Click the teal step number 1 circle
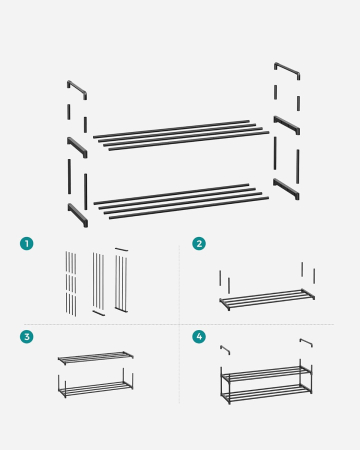pyautogui.click(x=27, y=243)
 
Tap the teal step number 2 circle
pyautogui.click(x=199, y=243)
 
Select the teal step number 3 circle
pyautogui.click(x=27, y=337)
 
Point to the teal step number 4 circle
pyautogui.click(x=199, y=337)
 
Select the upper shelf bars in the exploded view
pyautogui.click(x=180, y=134)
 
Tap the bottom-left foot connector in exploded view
pyautogui.click(x=77, y=214)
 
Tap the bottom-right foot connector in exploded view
pyautogui.click(x=287, y=189)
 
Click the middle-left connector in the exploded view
pyautogui.click(x=77, y=147)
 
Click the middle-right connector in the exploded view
pyautogui.click(x=287, y=124)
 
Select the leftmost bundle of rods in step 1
pyautogui.click(x=70, y=283)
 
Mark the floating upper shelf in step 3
pyautogui.click(x=95, y=357)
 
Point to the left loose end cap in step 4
pyautogui.click(x=226, y=349)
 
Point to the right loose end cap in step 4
pyautogui.click(x=305, y=343)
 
